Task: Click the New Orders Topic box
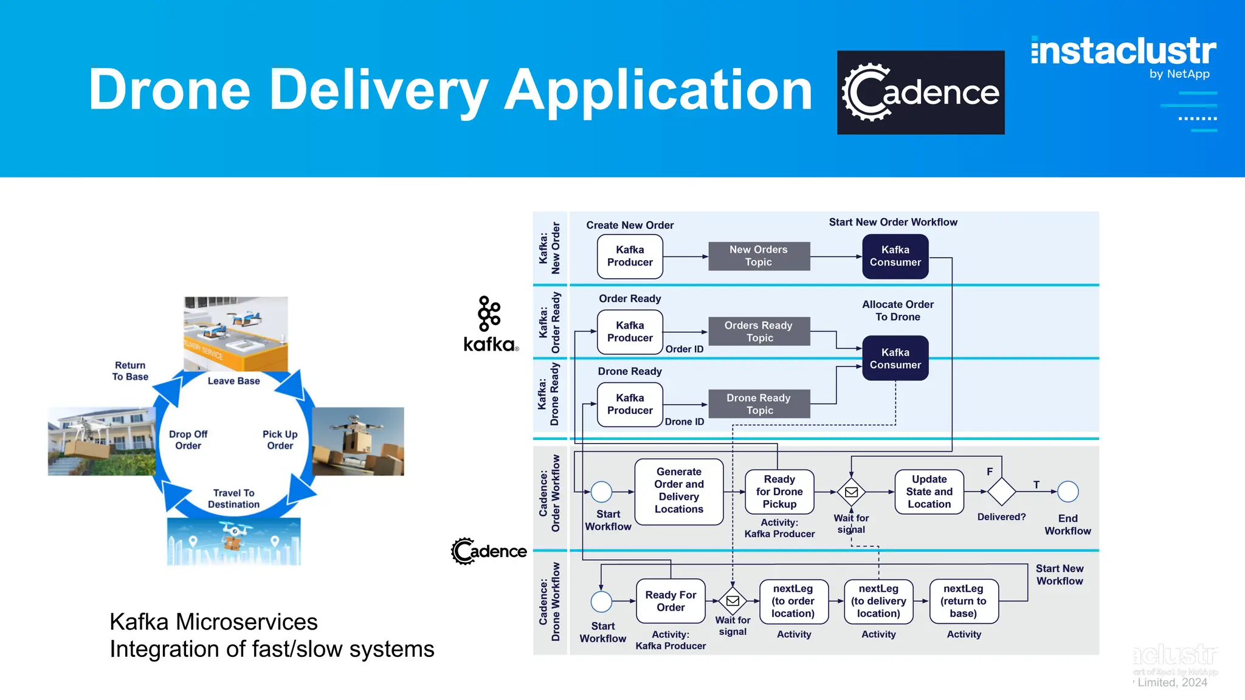coord(759,256)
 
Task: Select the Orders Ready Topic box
coord(759,331)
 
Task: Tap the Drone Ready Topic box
coord(759,403)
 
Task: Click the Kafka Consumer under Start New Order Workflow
coord(895,256)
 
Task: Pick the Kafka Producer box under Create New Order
coord(630,256)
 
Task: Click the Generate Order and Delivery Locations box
coord(678,491)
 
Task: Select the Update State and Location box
coord(929,491)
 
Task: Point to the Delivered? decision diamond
coord(1001,491)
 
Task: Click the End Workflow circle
coord(1067,491)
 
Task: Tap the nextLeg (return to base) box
coord(964,601)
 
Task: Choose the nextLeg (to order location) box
coord(793,601)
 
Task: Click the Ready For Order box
coord(671,601)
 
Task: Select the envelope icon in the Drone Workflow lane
coord(733,601)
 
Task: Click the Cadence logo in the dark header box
coord(920,92)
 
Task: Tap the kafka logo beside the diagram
coord(490,325)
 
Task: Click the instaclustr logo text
coord(1123,51)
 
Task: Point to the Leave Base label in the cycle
coord(233,381)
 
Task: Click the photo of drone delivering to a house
coord(102,441)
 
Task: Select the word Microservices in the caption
coord(247,622)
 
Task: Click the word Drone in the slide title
coord(170,90)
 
